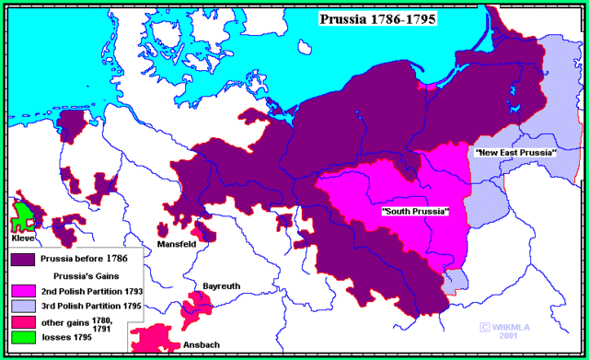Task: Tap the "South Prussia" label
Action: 415,212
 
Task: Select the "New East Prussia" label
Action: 515,151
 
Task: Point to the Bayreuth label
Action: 221,286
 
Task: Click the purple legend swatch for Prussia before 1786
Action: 20,260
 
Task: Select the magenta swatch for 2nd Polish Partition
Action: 20,290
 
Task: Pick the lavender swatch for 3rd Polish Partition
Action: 20,306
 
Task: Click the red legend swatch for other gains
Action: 20,321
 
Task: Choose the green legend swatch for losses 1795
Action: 20,337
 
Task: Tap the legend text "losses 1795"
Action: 64,337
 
